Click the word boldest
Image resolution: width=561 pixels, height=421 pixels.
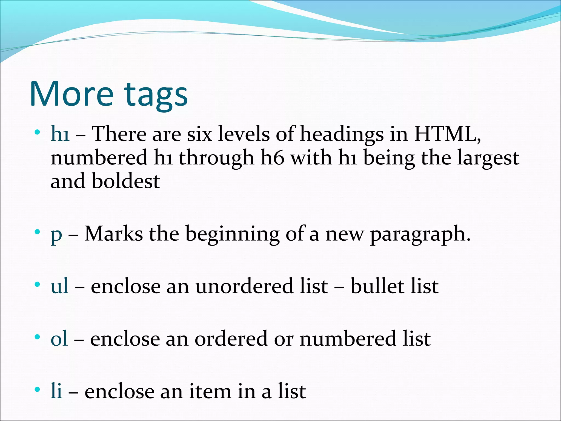click(126, 181)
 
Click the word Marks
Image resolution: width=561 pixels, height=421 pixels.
click(114, 234)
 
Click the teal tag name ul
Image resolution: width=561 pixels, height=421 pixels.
click(59, 286)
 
